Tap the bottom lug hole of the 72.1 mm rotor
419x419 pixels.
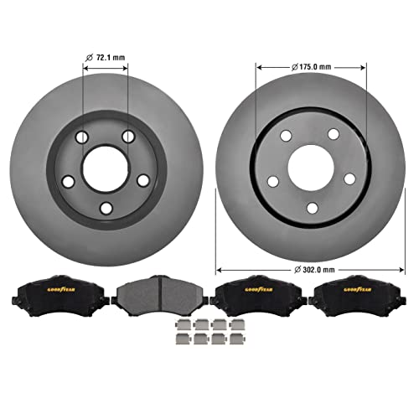[106, 209]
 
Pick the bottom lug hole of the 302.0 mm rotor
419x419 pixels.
[311, 208]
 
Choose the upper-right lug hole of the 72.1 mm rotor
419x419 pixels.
[128, 137]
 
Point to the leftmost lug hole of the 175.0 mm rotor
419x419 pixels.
[272, 181]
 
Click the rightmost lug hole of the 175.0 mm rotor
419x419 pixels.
[349, 178]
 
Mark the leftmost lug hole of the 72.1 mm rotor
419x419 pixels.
[68, 181]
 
